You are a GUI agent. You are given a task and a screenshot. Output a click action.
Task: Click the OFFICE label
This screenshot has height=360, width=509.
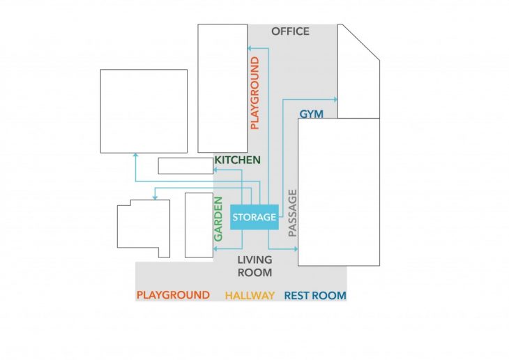(290, 31)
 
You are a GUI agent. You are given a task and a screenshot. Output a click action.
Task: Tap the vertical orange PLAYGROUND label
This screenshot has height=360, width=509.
(255, 93)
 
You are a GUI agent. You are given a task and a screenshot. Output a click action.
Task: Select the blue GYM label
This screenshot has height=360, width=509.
(311, 114)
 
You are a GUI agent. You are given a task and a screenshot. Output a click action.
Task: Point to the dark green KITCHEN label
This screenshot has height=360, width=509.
(238, 160)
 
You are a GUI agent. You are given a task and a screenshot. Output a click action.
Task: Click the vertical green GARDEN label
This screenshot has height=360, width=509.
(218, 219)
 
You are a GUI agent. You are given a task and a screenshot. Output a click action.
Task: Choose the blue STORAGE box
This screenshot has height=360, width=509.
(254, 217)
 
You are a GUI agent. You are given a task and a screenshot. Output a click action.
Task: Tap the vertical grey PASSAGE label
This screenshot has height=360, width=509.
(292, 213)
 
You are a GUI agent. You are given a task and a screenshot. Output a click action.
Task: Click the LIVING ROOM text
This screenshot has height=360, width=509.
(254, 266)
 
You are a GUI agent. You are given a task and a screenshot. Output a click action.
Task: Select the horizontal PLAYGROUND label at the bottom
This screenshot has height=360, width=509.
(173, 295)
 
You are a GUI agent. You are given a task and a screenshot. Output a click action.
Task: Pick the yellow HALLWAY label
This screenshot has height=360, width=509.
(250, 295)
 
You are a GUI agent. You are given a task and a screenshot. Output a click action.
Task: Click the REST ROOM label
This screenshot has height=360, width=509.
(315, 295)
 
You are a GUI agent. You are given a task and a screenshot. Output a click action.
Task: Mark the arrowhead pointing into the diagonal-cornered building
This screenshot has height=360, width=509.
(335, 100)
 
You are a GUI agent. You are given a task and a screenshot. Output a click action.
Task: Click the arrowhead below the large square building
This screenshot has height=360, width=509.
(136, 156)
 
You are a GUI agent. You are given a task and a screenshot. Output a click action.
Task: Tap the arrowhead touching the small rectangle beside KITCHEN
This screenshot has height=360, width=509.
(215, 170)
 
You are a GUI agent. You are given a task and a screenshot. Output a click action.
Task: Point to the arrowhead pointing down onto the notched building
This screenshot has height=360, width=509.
(155, 197)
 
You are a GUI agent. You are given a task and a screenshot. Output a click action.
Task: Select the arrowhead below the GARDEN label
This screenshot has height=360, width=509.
(215, 249)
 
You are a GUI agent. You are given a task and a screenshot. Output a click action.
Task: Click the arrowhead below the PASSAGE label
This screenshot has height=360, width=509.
(296, 249)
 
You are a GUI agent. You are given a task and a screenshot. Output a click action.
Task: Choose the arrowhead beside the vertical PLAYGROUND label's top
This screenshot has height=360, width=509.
(250, 48)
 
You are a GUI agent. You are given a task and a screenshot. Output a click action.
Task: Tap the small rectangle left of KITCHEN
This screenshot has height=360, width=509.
(185, 166)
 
